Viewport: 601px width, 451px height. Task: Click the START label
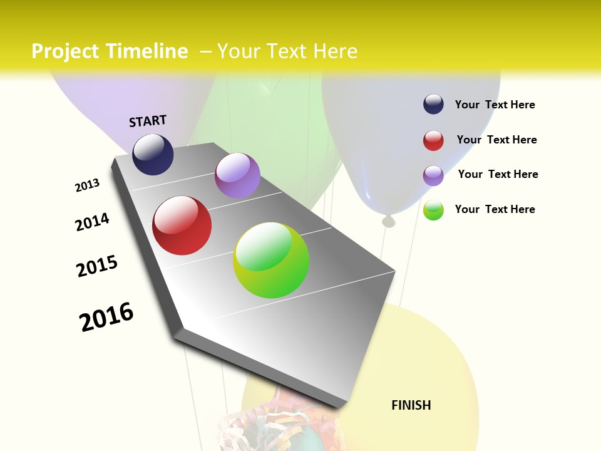[148, 121]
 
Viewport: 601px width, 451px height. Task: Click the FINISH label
[411, 405]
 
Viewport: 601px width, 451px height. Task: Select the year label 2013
[87, 185]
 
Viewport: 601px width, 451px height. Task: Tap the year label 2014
[92, 222]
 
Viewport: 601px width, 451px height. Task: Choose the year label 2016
[106, 316]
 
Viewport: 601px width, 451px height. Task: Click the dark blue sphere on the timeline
[153, 155]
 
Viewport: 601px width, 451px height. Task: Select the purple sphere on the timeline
[237, 175]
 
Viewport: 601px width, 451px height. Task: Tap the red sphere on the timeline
[182, 225]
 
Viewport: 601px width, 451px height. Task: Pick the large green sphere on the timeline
[271, 260]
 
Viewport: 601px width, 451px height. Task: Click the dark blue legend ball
[433, 105]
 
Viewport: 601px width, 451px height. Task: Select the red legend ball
[433, 140]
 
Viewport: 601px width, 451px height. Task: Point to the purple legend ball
[433, 175]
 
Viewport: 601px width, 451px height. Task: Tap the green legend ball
[433, 210]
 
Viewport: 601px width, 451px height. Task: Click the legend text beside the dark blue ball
[495, 105]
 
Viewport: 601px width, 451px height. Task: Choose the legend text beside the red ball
[496, 140]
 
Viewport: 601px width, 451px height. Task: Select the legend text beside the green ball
[495, 209]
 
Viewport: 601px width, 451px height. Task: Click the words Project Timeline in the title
[110, 51]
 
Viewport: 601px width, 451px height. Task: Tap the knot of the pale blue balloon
[389, 220]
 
